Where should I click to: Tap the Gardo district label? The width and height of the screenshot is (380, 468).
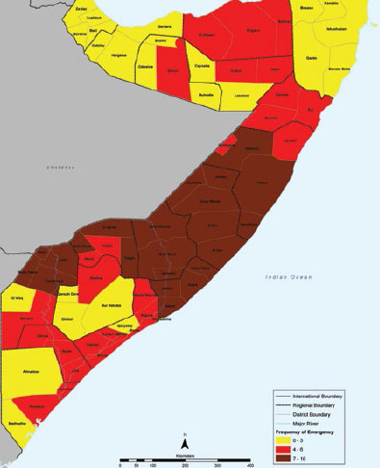tap(312, 58)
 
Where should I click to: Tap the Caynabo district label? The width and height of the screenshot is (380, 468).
tap(202, 66)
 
